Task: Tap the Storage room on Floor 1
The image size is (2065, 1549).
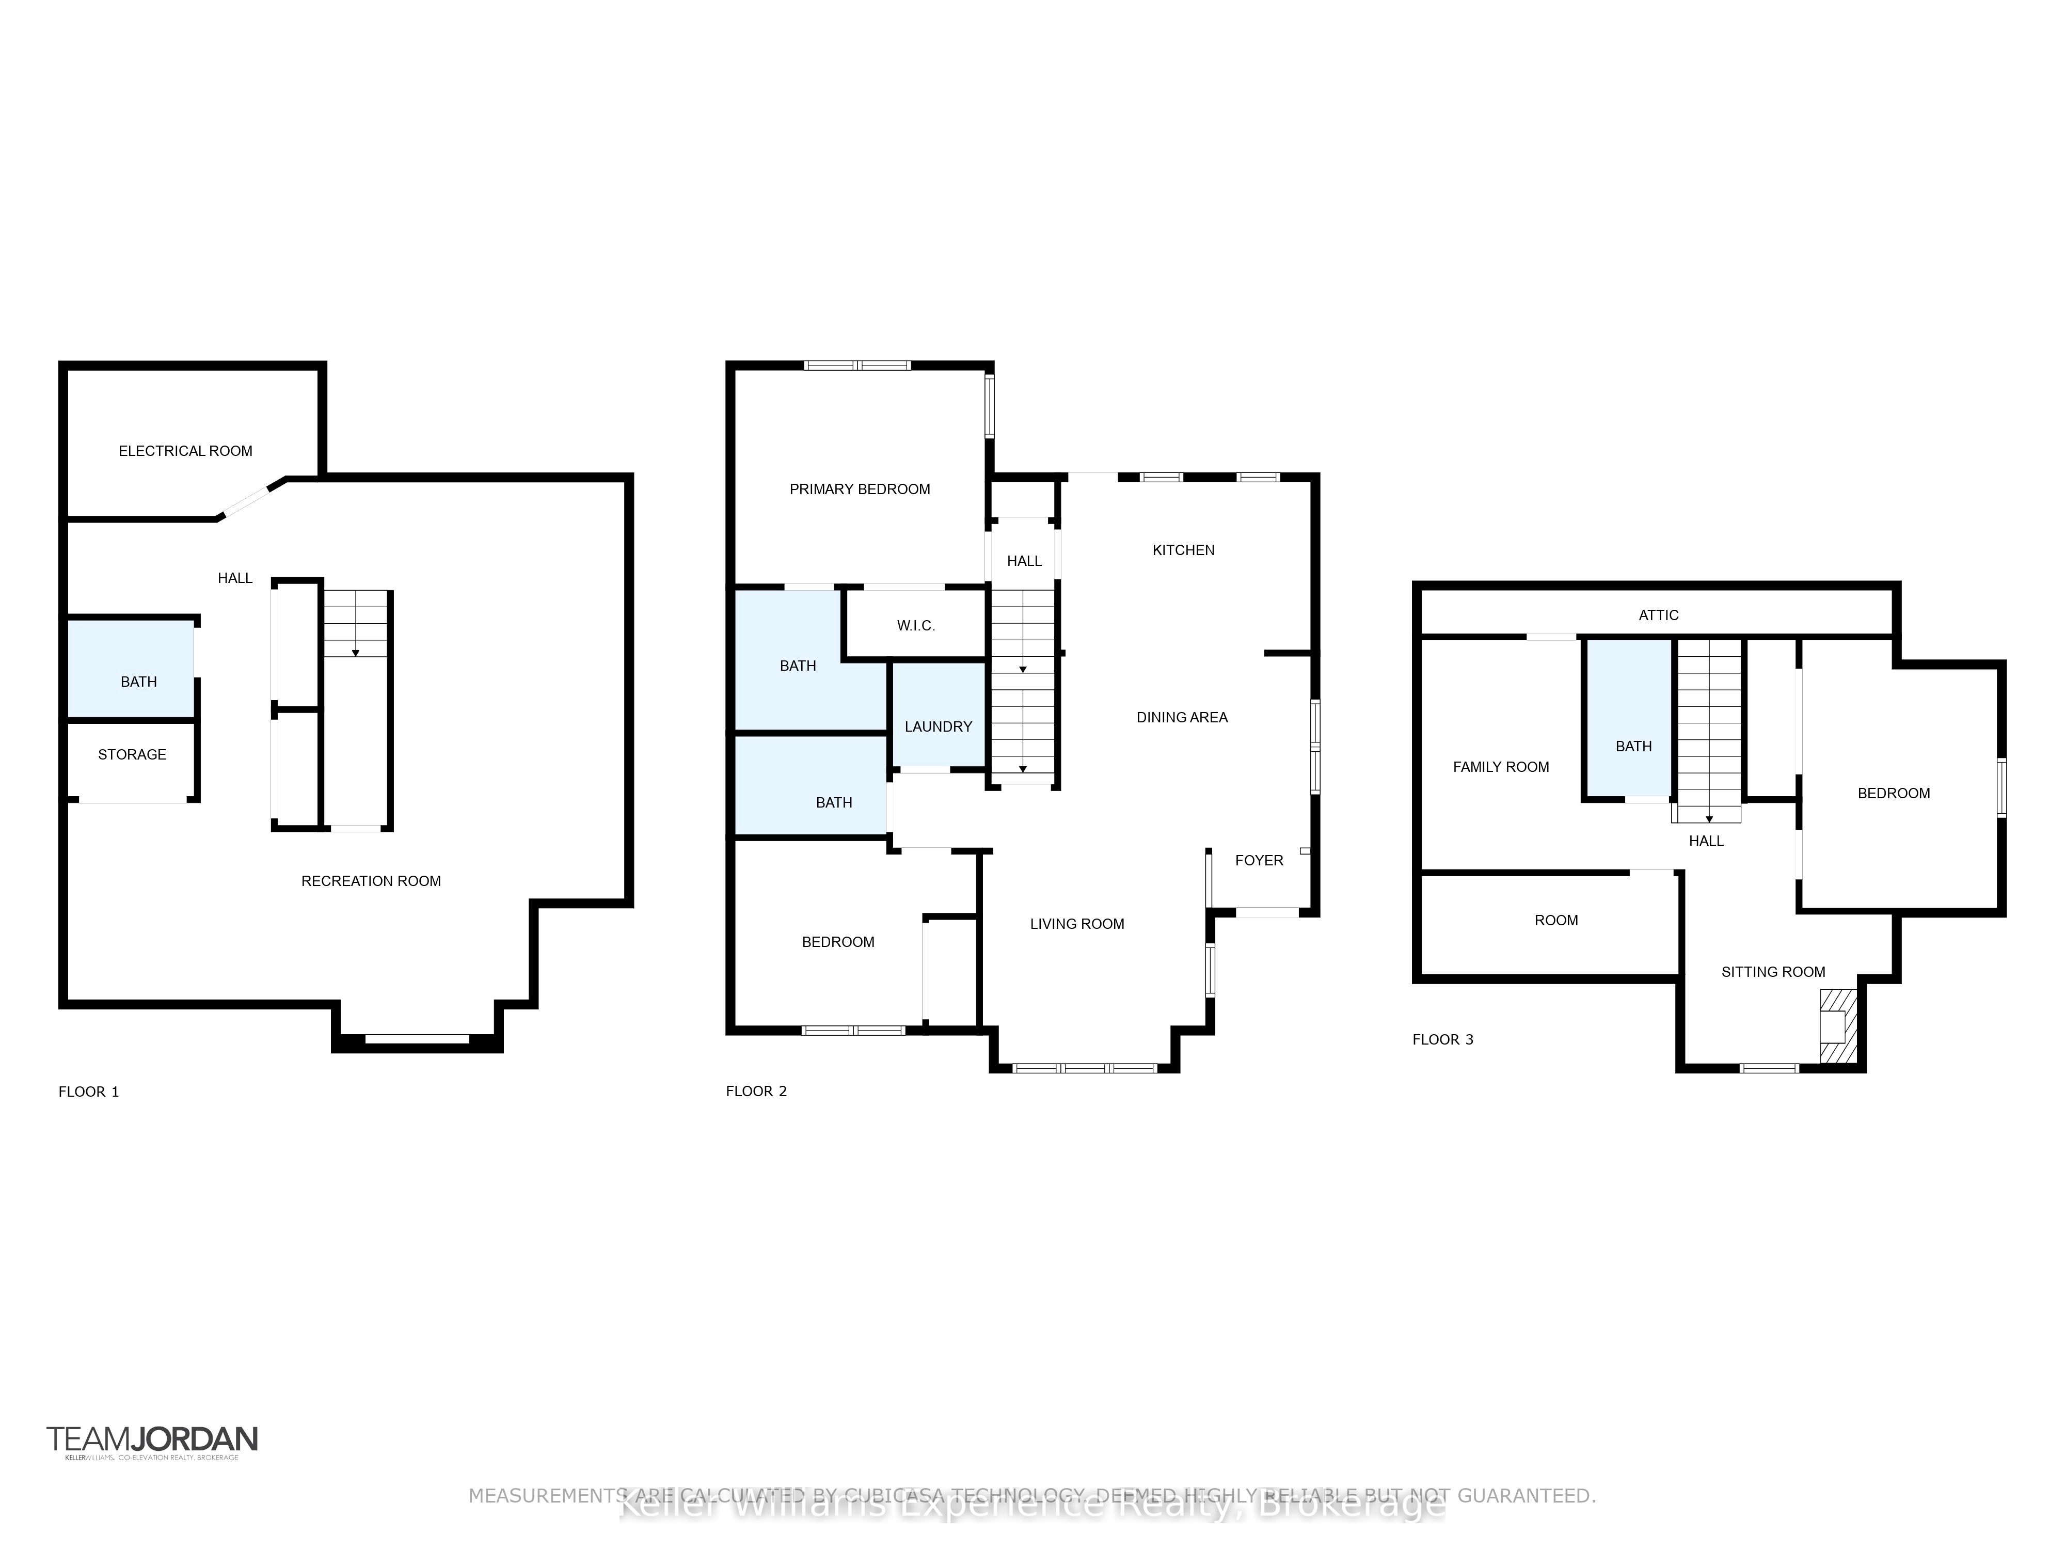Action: pos(132,754)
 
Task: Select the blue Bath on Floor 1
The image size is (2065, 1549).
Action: pos(138,682)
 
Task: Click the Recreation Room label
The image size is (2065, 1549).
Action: pos(371,880)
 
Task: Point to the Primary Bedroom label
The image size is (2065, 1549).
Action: pos(859,489)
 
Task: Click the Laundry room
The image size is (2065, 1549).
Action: pos(938,726)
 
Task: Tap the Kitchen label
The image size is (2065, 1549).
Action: pos(1183,550)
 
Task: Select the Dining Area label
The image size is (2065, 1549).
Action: pos(1181,717)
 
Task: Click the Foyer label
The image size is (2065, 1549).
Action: pos(1259,860)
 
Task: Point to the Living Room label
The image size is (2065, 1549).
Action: pos(1076,923)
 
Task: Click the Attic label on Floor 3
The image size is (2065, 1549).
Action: pos(1658,614)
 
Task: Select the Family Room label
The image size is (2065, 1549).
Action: pos(1500,767)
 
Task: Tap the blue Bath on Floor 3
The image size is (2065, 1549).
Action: pos(1633,746)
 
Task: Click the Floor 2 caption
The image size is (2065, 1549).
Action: pos(756,1090)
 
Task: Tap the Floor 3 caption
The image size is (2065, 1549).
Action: pos(1442,1039)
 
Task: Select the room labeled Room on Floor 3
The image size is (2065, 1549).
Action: pos(1555,920)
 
